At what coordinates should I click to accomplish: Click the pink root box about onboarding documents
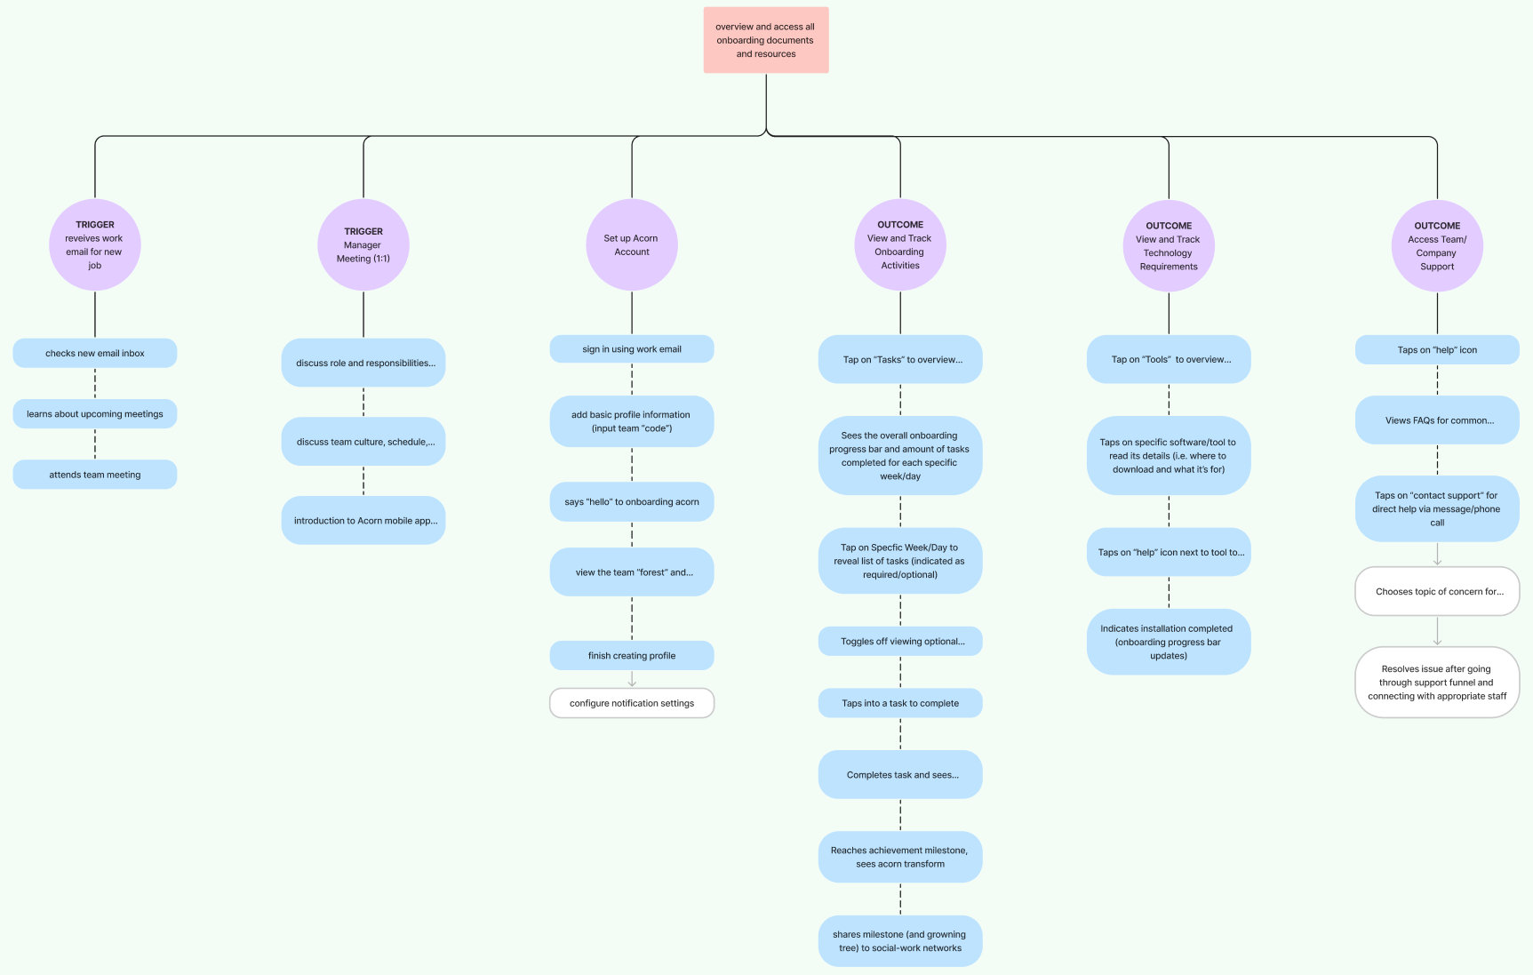(x=765, y=40)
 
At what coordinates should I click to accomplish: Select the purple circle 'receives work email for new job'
(x=95, y=245)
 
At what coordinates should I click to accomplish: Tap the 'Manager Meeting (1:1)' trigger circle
(x=363, y=245)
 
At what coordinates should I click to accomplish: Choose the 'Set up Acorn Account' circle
(x=632, y=245)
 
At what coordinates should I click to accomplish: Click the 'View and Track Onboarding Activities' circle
(x=900, y=245)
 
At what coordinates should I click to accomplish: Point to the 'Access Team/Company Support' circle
(x=1437, y=246)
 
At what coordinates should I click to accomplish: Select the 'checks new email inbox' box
(x=95, y=353)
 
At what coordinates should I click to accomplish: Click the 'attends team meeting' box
(x=95, y=475)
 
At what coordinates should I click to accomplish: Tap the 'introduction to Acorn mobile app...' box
(x=363, y=521)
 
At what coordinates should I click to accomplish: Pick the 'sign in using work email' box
(x=632, y=349)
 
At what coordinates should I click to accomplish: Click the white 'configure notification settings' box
(x=632, y=703)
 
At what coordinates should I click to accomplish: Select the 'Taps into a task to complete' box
(x=900, y=703)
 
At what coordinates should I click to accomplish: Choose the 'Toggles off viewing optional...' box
(x=900, y=642)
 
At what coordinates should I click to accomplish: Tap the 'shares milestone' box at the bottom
(x=900, y=941)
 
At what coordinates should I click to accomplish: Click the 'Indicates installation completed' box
(x=1169, y=642)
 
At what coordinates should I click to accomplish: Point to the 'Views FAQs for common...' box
(x=1437, y=420)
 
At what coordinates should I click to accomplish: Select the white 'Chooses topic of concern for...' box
(x=1437, y=592)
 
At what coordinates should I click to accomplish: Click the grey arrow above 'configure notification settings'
(x=632, y=680)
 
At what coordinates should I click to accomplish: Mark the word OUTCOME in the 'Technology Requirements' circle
(x=1169, y=226)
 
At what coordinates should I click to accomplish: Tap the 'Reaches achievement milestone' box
(x=900, y=857)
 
